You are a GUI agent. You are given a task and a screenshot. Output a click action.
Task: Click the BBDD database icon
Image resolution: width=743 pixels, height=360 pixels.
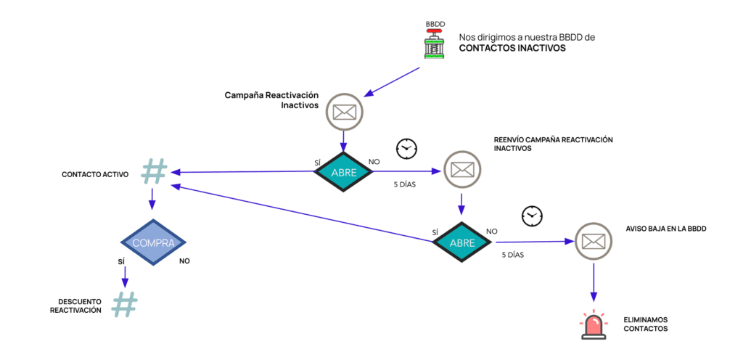click(x=435, y=41)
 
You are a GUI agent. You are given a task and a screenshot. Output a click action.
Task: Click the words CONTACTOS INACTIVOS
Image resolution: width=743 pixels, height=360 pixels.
click(x=512, y=49)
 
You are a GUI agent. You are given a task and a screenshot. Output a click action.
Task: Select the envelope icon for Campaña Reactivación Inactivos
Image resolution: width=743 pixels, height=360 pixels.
click(x=343, y=112)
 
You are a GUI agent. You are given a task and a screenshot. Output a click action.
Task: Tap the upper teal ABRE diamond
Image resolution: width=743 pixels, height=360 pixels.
click(x=343, y=172)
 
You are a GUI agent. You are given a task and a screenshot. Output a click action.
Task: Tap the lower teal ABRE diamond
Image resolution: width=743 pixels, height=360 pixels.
click(x=461, y=242)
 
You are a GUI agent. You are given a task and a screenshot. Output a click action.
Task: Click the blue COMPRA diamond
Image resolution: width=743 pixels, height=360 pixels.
click(x=152, y=242)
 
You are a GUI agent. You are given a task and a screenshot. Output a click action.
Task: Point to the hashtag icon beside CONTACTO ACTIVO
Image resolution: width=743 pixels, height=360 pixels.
click(x=153, y=171)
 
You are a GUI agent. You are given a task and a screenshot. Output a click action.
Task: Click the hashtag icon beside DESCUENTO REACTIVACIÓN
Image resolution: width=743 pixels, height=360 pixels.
click(x=124, y=304)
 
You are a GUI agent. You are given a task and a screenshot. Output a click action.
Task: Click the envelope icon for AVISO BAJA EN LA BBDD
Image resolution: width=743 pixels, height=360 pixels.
click(x=594, y=240)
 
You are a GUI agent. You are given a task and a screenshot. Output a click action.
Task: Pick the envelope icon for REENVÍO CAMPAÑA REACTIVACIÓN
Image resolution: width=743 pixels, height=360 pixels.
click(x=461, y=169)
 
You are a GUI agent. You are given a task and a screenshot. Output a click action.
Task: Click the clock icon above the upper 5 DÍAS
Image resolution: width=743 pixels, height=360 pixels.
click(x=406, y=148)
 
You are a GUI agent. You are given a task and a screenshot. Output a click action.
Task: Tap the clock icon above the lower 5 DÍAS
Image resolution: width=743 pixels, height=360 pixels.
click(x=532, y=216)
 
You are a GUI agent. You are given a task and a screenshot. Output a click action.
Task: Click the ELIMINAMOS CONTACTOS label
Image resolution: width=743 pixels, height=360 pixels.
click(x=645, y=324)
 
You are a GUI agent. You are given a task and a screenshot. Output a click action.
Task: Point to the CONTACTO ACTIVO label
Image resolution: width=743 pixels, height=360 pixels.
click(x=95, y=175)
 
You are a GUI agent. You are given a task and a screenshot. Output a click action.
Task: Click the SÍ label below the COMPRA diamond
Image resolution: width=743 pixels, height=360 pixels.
click(x=121, y=258)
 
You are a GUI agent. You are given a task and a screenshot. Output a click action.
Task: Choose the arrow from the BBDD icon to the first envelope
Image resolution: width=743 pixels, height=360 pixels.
click(x=391, y=82)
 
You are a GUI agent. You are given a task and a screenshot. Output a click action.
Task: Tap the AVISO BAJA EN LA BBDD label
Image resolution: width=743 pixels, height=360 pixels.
click(x=666, y=228)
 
